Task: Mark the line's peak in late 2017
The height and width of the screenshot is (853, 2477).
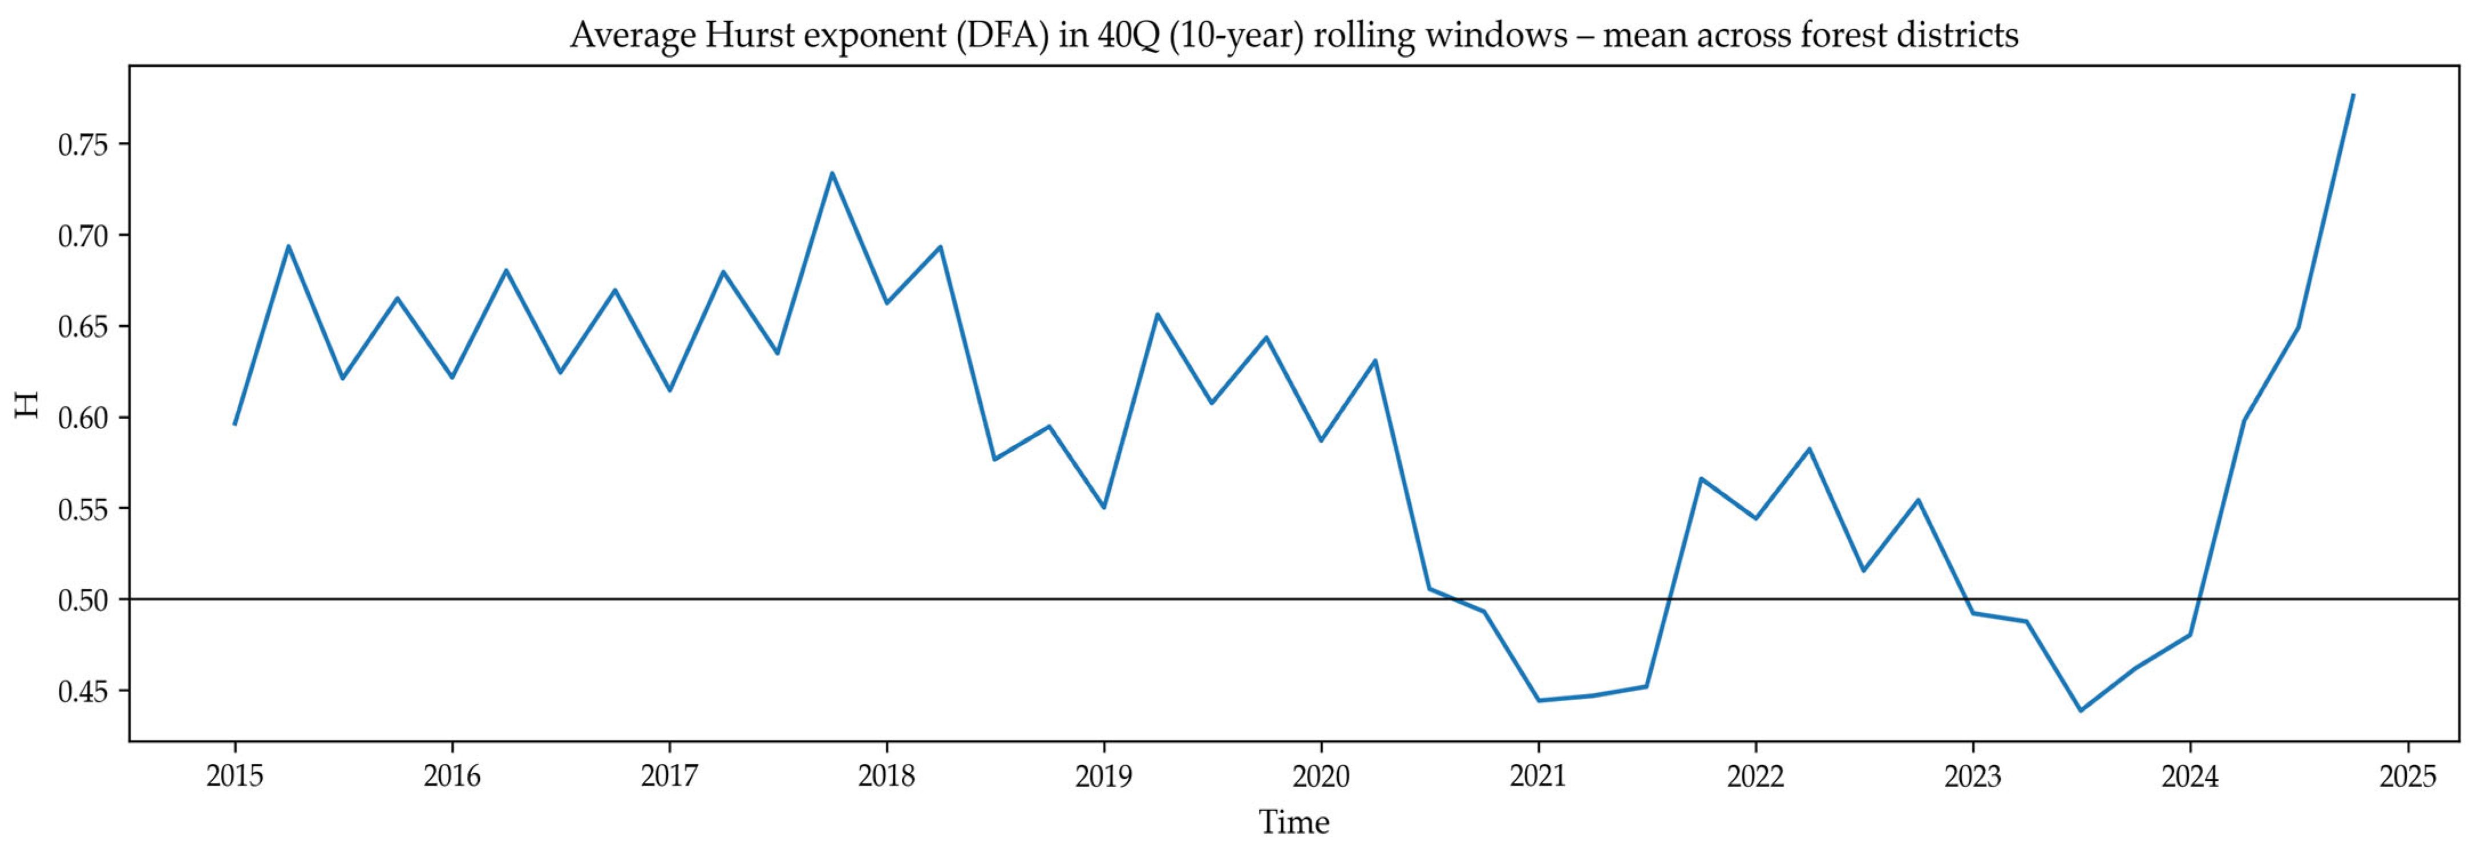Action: (x=832, y=173)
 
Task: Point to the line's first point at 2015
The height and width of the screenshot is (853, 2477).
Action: (x=234, y=424)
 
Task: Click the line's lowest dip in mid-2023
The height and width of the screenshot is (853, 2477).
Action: (x=2081, y=711)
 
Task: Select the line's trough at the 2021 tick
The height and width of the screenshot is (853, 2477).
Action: (x=1539, y=700)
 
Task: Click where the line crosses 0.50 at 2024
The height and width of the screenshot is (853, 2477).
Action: (x=2198, y=599)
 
